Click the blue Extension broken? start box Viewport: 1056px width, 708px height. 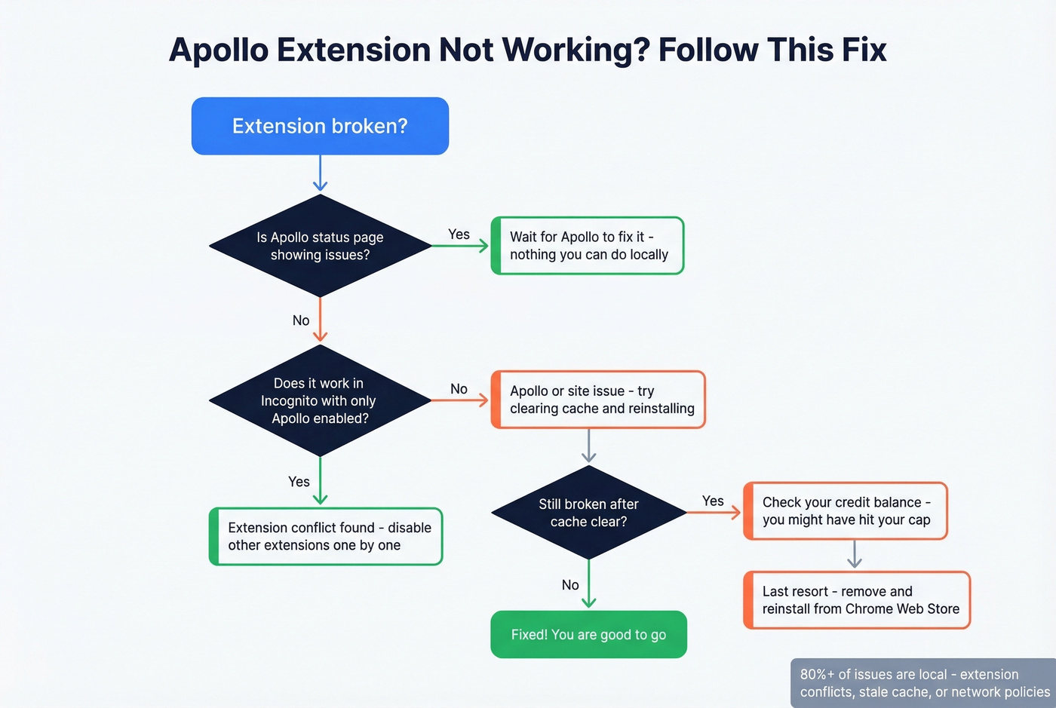320,126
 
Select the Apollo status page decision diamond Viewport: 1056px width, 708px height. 320,246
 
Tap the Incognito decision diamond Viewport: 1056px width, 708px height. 320,400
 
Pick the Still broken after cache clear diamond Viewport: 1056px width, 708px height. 588,513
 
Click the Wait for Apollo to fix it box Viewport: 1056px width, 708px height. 588,246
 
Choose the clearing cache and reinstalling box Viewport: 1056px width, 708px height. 598,400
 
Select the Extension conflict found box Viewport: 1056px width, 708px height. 326,536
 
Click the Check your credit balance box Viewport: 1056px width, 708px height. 846,511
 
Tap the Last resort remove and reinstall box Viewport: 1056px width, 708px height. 857,600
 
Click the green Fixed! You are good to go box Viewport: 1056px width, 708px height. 588,635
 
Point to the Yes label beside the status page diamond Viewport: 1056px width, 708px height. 459,234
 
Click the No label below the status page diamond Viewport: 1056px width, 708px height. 301,320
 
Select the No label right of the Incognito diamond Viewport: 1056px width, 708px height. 459,389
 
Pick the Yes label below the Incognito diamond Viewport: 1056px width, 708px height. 299,482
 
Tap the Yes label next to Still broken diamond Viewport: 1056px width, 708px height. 713,501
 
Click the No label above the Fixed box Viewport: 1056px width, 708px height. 570,585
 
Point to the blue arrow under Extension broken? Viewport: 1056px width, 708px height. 320,174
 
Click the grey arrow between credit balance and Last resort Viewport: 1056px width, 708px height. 854,555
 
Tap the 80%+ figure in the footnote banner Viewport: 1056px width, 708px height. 817,675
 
